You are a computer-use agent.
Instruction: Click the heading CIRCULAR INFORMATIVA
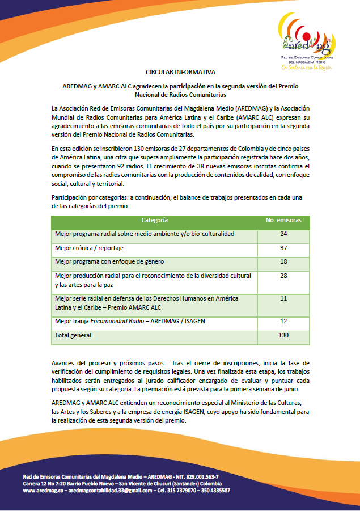[180, 73]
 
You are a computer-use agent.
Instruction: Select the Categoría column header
[155, 219]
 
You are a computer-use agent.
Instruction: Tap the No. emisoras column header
[283, 219]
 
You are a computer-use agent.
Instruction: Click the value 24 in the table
[283, 234]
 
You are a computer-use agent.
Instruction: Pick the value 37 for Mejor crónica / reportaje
[283, 248]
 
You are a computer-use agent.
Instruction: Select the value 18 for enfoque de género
[283, 261]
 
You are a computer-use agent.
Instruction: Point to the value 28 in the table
[283, 276]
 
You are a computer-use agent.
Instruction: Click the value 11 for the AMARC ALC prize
[283, 298]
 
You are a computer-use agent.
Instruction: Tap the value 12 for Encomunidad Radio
[283, 321]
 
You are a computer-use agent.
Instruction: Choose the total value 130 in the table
[283, 335]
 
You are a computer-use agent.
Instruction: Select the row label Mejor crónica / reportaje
[89, 248]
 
